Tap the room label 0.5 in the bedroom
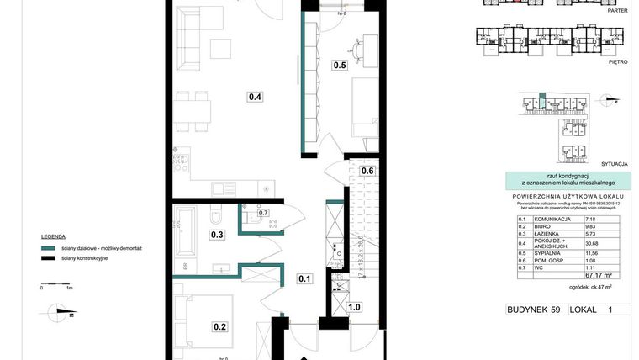(x=341, y=65)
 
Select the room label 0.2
(x=220, y=327)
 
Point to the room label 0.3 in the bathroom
(x=217, y=235)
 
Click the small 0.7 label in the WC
(x=263, y=214)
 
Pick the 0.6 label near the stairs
(x=367, y=172)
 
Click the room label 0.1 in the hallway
(x=304, y=278)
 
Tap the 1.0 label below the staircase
(x=355, y=308)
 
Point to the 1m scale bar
(x=55, y=283)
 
